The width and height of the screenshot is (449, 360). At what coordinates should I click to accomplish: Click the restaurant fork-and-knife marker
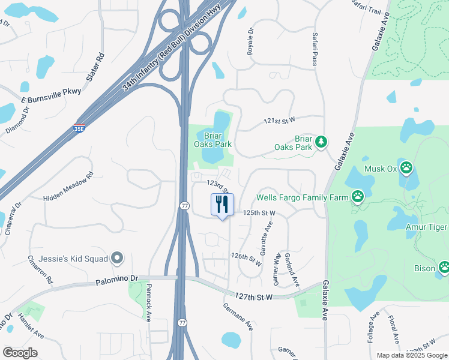222,205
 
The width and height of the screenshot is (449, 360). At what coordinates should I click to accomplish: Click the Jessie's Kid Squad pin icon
117,259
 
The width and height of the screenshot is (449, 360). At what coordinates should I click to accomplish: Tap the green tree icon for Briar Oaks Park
322,142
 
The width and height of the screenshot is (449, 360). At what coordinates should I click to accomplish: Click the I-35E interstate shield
79,128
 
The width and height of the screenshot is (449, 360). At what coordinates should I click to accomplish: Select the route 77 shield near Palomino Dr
181,323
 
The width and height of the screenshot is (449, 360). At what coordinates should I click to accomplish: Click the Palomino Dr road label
117,280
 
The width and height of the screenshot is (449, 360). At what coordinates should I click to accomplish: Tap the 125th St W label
259,213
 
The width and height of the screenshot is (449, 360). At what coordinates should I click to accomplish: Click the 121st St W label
280,121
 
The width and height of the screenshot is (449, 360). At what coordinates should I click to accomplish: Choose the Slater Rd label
95,67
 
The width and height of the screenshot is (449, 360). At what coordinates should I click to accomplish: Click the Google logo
20,353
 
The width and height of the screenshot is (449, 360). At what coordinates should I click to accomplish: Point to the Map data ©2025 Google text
411,355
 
